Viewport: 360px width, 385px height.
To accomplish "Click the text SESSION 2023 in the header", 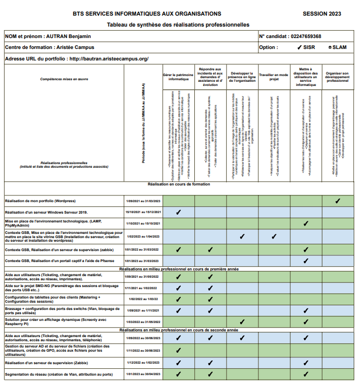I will [x=321, y=14].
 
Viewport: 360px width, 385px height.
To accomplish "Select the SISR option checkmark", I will [x=300, y=47].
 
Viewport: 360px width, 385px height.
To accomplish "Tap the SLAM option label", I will [x=339, y=47].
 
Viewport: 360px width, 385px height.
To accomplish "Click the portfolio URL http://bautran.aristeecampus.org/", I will [x=108, y=59].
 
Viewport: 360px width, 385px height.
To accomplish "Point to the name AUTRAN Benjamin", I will [x=69, y=36].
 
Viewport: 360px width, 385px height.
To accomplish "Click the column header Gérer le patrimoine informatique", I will [x=178, y=77].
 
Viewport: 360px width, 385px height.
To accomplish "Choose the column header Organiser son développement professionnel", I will [x=337, y=77].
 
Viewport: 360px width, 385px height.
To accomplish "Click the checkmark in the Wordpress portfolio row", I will [x=338, y=201].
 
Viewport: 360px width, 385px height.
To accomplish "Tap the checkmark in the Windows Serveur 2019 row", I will [x=178, y=212].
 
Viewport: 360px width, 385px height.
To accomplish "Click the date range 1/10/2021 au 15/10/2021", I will [x=143, y=223].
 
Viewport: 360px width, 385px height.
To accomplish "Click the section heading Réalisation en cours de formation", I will [x=179, y=184].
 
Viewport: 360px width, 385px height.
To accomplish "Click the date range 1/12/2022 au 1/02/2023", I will [x=143, y=363].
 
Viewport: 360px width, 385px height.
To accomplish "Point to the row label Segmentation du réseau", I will [x=58, y=374].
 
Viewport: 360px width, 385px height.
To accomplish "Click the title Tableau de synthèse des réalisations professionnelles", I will [x=178, y=24].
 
